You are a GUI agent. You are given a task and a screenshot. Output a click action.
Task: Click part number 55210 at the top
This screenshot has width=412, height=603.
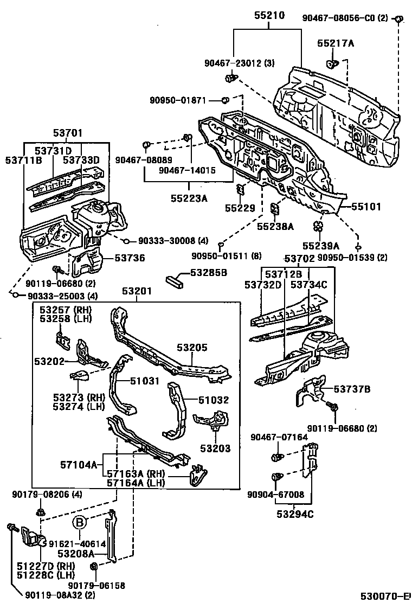coord(269,16)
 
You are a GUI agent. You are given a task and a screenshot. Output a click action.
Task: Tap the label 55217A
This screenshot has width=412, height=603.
coord(336,43)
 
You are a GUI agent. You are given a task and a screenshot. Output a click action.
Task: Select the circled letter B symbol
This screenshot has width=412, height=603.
coord(80,522)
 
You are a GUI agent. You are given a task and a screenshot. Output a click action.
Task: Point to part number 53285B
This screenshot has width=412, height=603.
coord(209,273)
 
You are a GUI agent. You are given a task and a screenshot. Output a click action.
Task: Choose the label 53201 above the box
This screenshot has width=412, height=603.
coord(137,292)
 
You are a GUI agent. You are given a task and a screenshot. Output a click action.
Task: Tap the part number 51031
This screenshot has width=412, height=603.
coord(144,381)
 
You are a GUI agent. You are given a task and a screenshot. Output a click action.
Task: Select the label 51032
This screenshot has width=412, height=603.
coord(213,400)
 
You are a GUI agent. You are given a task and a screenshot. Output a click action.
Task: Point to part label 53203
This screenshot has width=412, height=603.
coord(215,448)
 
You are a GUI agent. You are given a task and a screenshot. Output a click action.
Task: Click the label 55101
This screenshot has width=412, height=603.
coord(366,207)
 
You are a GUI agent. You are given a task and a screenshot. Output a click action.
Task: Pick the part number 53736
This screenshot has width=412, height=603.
coord(130,258)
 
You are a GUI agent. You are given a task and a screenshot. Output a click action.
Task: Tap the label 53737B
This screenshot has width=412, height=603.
coord(352,389)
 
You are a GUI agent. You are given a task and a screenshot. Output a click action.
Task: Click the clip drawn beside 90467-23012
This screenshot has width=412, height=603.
coord(231,79)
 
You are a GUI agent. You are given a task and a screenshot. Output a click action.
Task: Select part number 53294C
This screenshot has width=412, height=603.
coord(295,514)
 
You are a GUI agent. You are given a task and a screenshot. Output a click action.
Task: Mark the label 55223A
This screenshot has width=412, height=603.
coord(189,198)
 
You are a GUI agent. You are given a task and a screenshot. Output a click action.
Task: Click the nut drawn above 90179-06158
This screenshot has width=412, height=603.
coord(93,566)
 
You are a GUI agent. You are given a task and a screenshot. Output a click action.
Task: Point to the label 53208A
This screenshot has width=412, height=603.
coord(76,554)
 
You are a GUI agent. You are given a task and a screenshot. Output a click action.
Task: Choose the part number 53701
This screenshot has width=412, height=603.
coord(68,133)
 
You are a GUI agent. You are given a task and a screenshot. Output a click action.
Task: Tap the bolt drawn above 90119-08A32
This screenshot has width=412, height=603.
coord(11,528)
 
